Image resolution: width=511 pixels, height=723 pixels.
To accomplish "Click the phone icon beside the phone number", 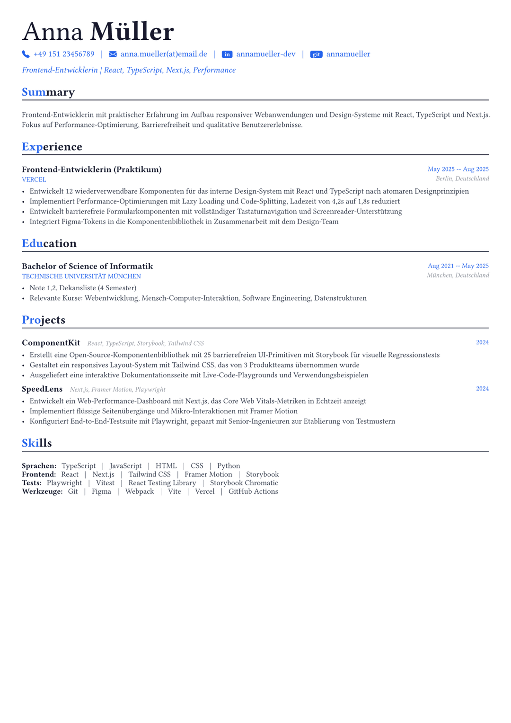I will tap(26, 54).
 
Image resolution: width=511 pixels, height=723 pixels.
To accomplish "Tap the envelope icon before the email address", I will tap(113, 54).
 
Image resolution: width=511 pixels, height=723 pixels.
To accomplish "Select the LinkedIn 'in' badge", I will tap(227, 54).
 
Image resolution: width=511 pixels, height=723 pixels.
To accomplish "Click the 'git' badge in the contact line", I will tap(316, 54).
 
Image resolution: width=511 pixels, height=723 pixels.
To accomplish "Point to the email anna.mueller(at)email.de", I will tap(164, 54).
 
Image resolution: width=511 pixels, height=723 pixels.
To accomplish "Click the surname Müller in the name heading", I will tap(132, 32).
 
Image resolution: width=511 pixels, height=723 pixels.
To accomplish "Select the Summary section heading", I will tap(48, 92).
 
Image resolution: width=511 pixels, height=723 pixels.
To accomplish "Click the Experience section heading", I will tap(52, 147).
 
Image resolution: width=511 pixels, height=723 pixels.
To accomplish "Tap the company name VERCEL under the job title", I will tap(34, 180).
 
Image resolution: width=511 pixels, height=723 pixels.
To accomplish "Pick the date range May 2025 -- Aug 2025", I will tap(458, 169).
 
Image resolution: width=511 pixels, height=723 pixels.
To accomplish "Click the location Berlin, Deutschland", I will tap(462, 179).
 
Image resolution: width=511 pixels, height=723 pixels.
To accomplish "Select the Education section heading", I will tap(49, 243).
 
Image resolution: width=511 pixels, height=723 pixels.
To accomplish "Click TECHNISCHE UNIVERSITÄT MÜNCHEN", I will tap(81, 277).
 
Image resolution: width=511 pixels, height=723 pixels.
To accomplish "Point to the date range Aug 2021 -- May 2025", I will tap(458, 266).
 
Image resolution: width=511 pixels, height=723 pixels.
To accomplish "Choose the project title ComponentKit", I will tap(51, 343).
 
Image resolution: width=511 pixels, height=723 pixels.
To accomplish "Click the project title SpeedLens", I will tap(42, 389).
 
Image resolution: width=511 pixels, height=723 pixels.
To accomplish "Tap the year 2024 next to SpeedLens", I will tap(482, 389).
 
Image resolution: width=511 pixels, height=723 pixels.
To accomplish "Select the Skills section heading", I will tap(37, 443).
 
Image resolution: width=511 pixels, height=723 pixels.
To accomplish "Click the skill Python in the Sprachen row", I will tap(229, 466).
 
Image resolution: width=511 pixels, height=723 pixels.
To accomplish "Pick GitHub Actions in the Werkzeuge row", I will tap(253, 491).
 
